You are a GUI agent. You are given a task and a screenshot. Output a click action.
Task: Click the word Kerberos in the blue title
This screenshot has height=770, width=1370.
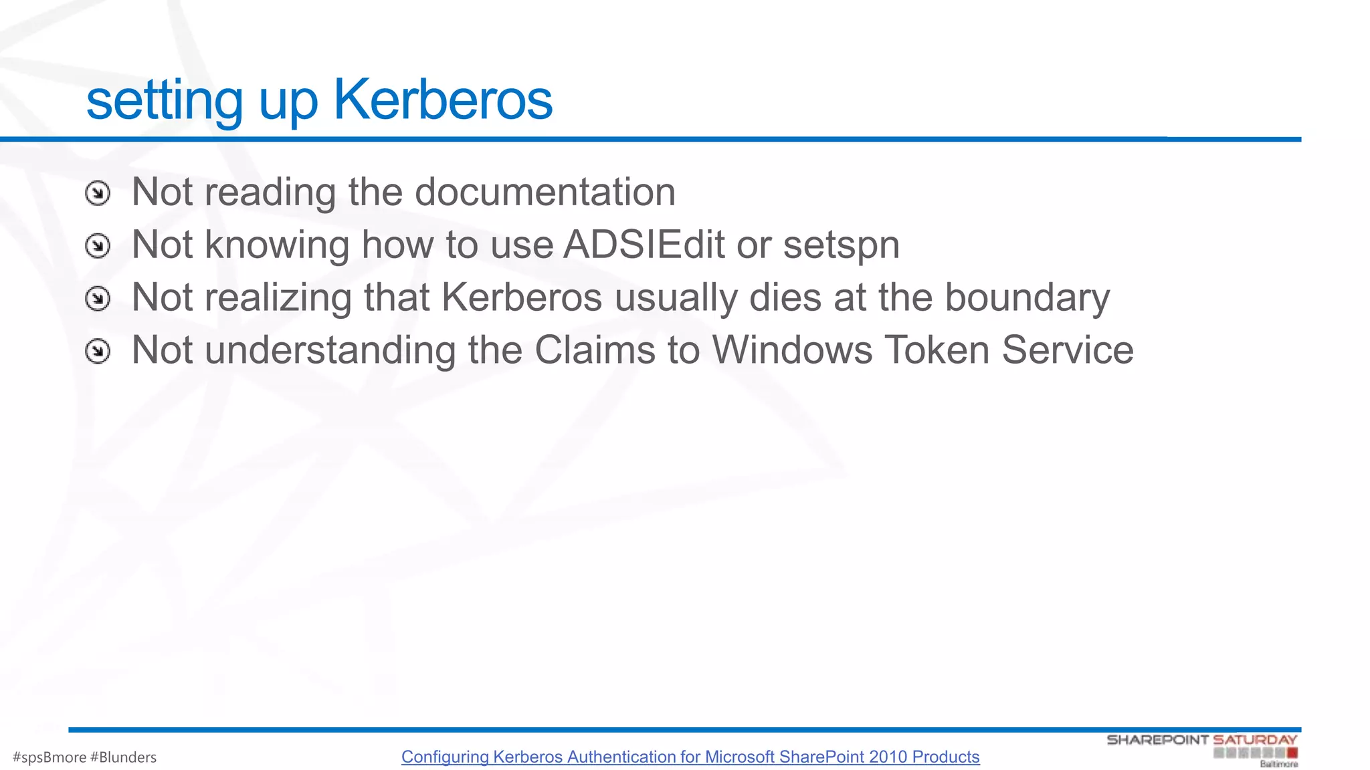tap(443, 100)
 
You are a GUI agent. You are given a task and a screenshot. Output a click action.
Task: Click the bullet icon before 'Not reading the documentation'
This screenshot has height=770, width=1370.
tap(98, 193)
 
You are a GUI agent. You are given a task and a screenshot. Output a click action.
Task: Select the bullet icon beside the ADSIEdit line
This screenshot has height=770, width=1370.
tap(98, 246)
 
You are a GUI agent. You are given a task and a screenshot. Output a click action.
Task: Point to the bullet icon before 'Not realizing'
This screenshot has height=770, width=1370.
tap(98, 298)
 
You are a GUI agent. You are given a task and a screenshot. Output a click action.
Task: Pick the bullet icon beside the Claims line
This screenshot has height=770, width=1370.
tap(98, 351)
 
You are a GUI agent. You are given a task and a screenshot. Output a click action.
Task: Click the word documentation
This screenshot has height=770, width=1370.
tap(545, 192)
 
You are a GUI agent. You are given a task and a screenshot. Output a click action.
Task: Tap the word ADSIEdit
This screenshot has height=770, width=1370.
tap(644, 245)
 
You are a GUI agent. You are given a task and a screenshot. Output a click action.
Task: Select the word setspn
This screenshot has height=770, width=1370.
tap(842, 246)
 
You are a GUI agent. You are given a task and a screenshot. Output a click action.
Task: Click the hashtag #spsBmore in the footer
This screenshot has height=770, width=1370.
tap(50, 757)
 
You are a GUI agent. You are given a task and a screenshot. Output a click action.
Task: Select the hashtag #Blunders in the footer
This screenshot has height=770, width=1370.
tap(123, 757)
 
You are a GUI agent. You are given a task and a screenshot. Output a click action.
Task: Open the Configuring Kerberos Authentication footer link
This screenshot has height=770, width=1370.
tap(690, 757)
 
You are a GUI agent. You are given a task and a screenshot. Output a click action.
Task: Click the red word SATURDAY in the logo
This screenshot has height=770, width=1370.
tap(1255, 740)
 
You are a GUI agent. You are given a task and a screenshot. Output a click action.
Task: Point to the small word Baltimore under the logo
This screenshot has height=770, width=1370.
tap(1278, 764)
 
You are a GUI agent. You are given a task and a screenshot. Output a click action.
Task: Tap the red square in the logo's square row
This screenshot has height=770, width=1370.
tap(1292, 753)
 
